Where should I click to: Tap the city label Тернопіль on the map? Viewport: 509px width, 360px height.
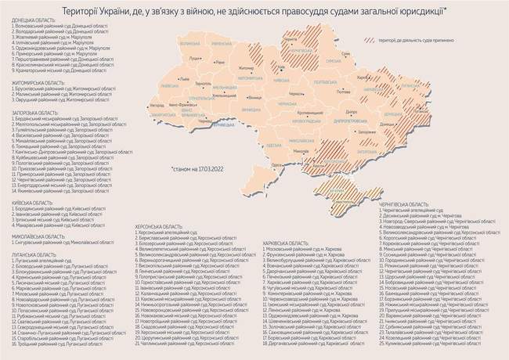tap(201, 83)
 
